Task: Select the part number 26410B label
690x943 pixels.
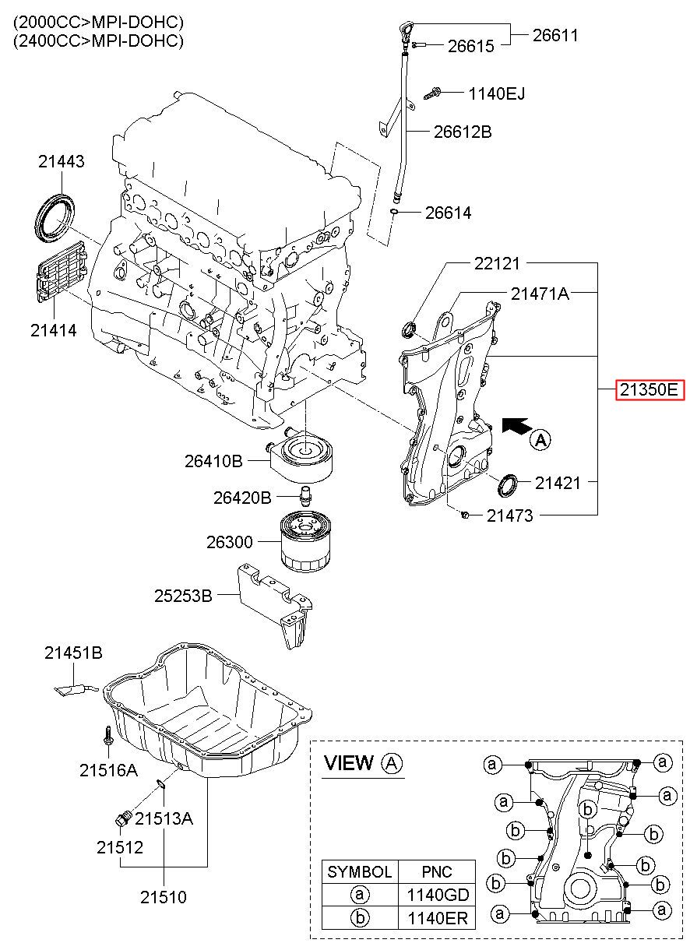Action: coord(214,461)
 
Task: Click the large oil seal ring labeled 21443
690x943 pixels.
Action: coord(55,217)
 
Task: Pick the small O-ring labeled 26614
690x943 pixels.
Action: coord(393,211)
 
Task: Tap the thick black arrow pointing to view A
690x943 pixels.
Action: coord(516,426)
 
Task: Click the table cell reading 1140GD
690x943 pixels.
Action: coord(438,894)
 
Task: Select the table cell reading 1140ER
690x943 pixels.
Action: coord(438,917)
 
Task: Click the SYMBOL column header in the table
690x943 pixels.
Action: coord(360,872)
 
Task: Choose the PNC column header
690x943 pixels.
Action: coord(438,872)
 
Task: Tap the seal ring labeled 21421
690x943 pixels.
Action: coord(509,484)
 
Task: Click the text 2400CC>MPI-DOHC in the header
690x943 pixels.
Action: coord(98,40)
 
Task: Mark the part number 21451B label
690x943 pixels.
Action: coord(73,653)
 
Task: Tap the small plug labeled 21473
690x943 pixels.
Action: coord(465,515)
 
